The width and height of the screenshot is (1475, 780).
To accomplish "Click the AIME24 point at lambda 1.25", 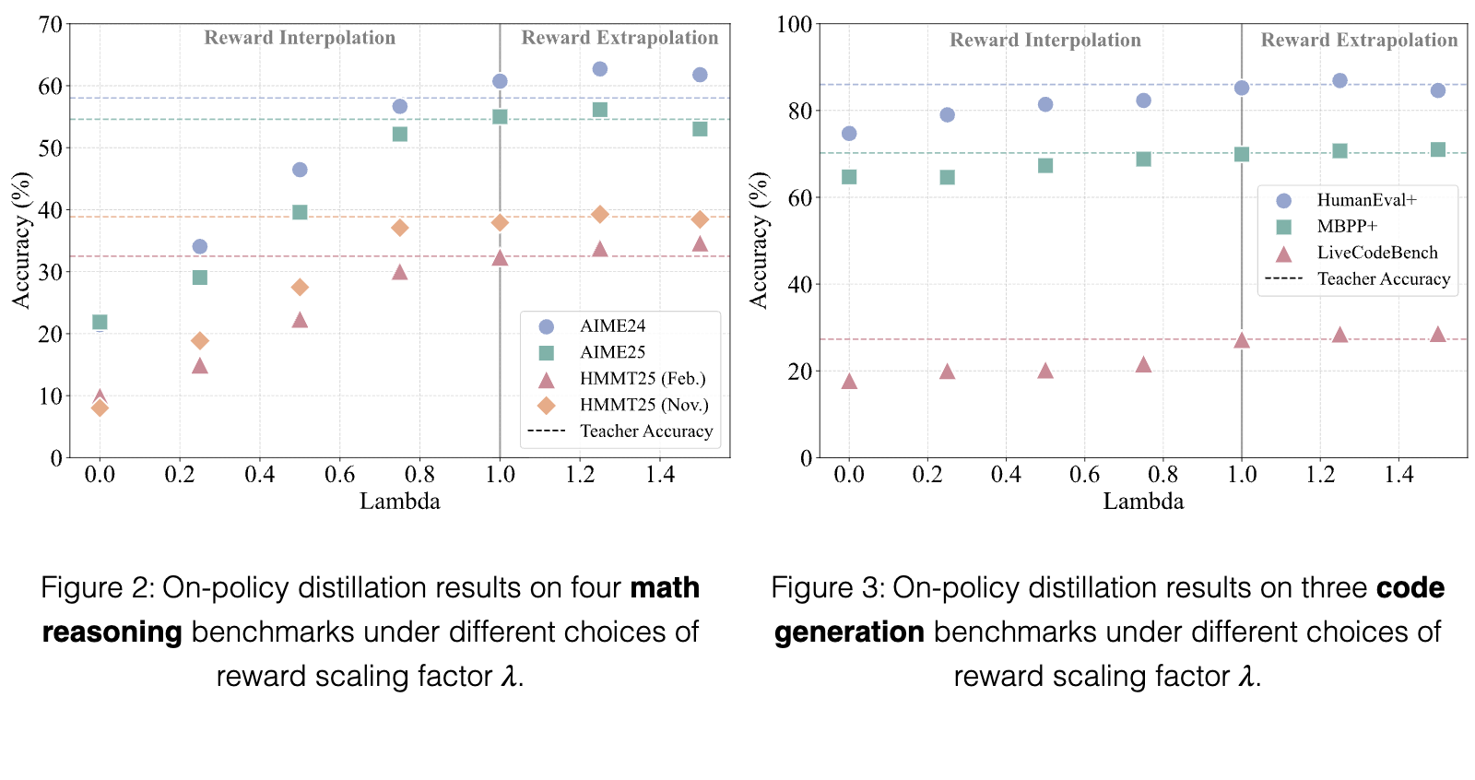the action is tap(599, 68).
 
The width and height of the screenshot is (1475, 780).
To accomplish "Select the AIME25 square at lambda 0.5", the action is tap(300, 212).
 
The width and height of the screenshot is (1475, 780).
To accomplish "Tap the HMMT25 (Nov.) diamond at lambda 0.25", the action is tap(199, 340).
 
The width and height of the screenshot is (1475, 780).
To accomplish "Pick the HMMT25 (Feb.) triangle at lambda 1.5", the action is tap(700, 243).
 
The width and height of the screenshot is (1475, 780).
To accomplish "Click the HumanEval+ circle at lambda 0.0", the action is tap(849, 134).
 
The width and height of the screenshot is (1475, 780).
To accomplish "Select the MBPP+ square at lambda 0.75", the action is tap(1143, 159).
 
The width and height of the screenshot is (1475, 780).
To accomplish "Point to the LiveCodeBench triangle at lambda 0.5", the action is tap(1045, 371).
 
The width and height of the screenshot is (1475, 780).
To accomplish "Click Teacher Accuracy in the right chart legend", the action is tap(1384, 279).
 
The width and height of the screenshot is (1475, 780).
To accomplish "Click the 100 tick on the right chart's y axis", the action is tap(794, 24).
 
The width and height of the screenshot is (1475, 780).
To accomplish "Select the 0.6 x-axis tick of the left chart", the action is tap(339, 474).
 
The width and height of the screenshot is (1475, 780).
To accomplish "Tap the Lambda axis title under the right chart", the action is tap(1143, 502).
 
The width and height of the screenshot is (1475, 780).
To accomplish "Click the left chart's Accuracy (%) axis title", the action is tap(22, 241).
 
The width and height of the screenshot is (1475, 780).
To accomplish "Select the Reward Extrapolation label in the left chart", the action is tap(619, 38).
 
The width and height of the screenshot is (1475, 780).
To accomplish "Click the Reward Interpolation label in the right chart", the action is tap(1045, 41).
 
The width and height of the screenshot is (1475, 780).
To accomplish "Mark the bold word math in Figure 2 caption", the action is tap(665, 587).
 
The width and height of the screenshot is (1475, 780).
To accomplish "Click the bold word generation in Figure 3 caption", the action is tap(849, 632).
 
